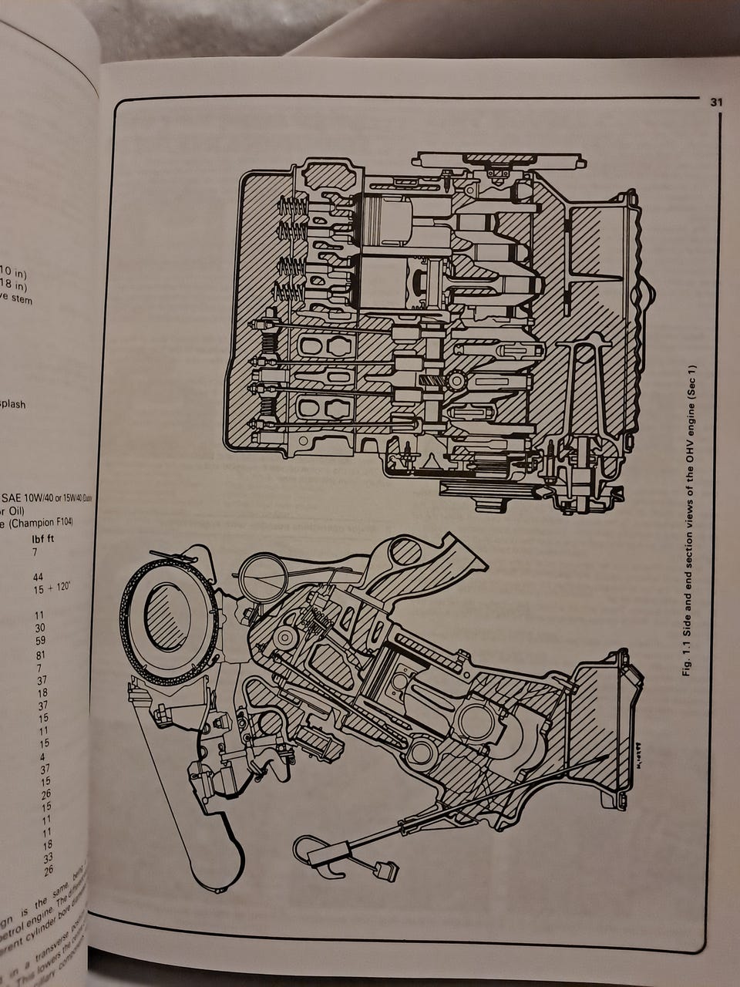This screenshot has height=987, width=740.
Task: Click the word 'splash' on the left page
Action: click(13, 403)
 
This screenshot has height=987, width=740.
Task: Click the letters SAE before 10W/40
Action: click(16, 496)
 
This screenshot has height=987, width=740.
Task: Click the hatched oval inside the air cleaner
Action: click(167, 615)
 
